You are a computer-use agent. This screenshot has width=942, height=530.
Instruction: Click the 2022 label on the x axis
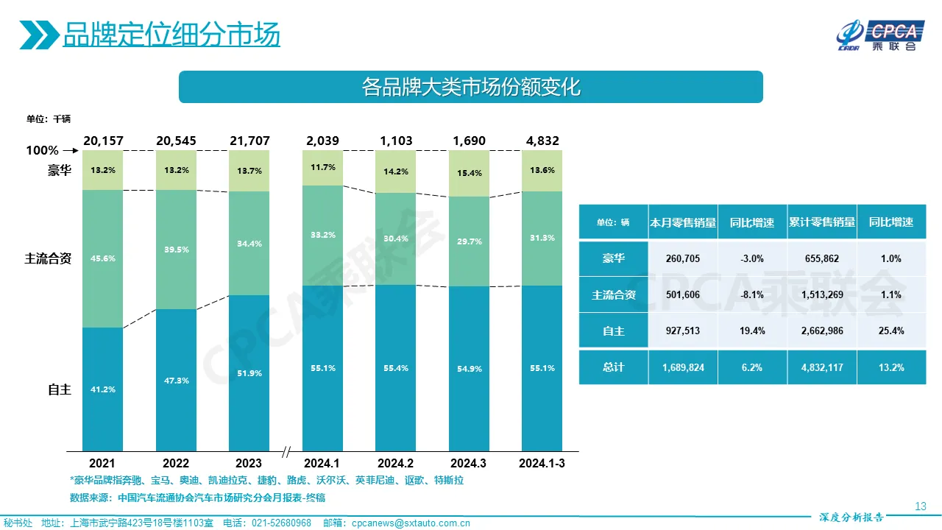coord(175,463)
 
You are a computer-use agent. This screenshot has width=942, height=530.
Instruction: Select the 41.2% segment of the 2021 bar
coord(102,389)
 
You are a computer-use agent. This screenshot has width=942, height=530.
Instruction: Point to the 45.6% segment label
coord(103,258)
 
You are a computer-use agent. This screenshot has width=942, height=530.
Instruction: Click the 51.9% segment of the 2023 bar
coord(249,373)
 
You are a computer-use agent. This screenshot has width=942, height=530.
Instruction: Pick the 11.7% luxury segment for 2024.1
coord(322,167)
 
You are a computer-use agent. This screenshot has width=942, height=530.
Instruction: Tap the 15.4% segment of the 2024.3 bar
coord(469,173)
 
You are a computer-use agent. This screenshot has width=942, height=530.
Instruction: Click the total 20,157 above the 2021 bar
coord(102,141)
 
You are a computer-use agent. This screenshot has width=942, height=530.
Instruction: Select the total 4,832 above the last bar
coord(542,141)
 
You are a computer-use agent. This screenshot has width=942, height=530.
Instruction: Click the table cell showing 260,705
coord(683,258)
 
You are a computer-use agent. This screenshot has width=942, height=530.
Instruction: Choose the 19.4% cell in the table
coord(752,331)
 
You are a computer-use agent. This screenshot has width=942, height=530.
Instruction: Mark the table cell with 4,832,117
coord(821,367)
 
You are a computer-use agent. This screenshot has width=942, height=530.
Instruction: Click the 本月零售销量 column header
coord(683,222)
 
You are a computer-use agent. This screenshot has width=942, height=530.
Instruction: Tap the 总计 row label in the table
coord(613,367)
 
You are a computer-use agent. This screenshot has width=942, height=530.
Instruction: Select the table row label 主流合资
coord(613,294)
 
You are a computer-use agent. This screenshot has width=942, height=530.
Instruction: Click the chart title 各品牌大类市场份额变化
coord(471,87)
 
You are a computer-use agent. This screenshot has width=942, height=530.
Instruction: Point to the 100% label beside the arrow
coord(42,150)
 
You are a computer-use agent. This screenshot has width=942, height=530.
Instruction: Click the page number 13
coord(920,506)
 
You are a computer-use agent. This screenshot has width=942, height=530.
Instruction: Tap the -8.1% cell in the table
coord(752,294)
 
